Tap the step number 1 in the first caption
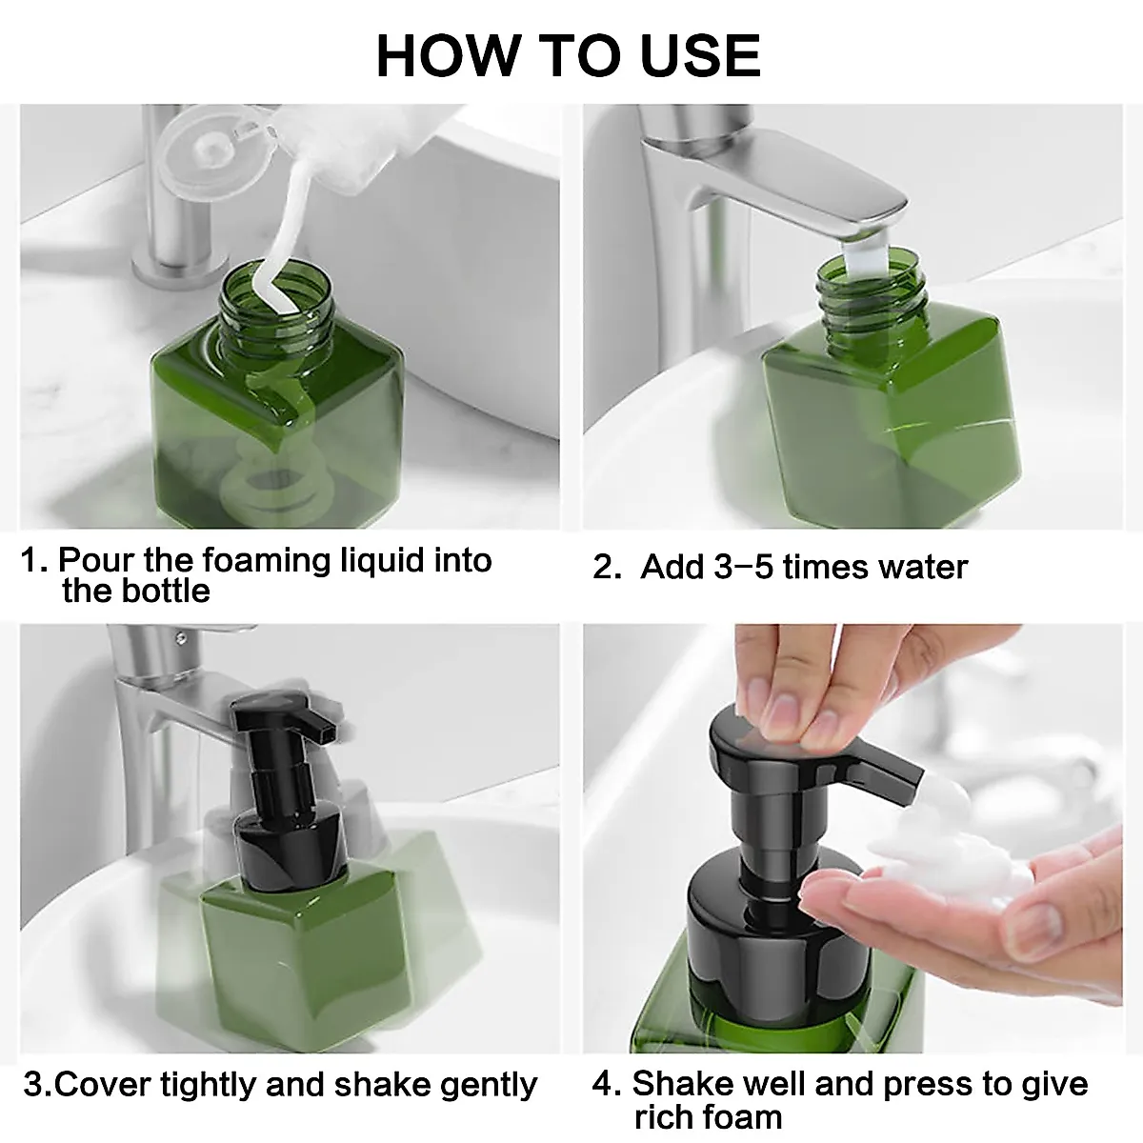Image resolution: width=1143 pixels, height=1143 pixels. coord(32,560)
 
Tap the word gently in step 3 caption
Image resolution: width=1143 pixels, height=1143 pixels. coord(488,1085)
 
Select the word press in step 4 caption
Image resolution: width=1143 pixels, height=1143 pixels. coord(927,1084)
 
